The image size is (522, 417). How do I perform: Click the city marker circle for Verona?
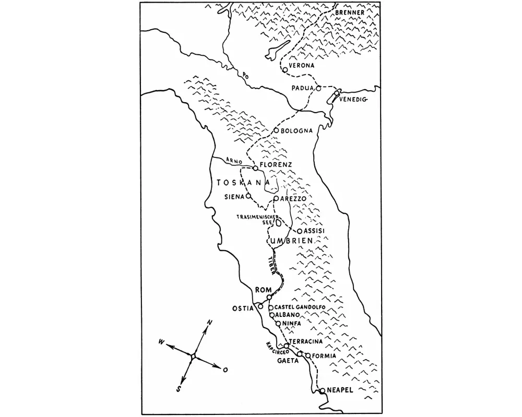click(x=284, y=69)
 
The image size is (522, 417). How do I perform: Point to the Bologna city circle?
click(x=276, y=130)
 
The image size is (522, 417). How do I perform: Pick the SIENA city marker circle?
click(x=248, y=196)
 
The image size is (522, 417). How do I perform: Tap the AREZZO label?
click(x=292, y=199)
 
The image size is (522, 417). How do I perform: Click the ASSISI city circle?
click(x=300, y=231)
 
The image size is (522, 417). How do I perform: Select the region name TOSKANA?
click(x=243, y=182)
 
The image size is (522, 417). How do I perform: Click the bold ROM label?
click(x=262, y=290)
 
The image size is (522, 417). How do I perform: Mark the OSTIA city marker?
click(x=260, y=306)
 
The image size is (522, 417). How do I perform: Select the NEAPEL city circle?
click(x=322, y=390)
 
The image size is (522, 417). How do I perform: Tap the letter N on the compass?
click(x=209, y=323)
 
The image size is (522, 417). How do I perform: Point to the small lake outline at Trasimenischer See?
click(x=279, y=223)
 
